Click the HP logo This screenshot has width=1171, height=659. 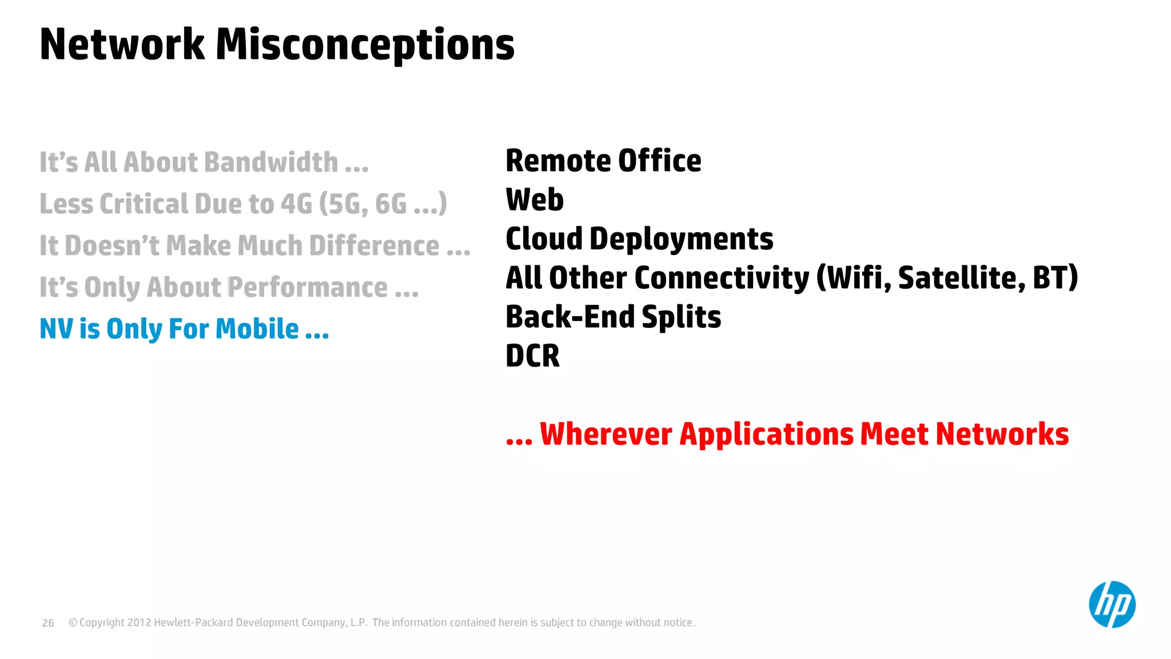pyautogui.click(x=1112, y=605)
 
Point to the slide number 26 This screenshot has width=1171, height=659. pyautogui.click(x=48, y=623)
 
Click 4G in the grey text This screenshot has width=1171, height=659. pyautogui.click(x=296, y=204)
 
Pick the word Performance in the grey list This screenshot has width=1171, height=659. pyautogui.click(x=308, y=287)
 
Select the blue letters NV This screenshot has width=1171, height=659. pyautogui.click(x=56, y=329)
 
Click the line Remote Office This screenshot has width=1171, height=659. pyautogui.click(x=603, y=161)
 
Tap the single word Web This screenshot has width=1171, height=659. pyautogui.click(x=535, y=200)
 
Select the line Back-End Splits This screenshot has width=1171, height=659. pyautogui.click(x=613, y=317)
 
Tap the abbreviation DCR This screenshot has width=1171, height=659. pyautogui.click(x=532, y=356)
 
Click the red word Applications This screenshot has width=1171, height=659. pyautogui.click(x=766, y=434)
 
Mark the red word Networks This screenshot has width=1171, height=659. pyautogui.click(x=1002, y=434)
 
